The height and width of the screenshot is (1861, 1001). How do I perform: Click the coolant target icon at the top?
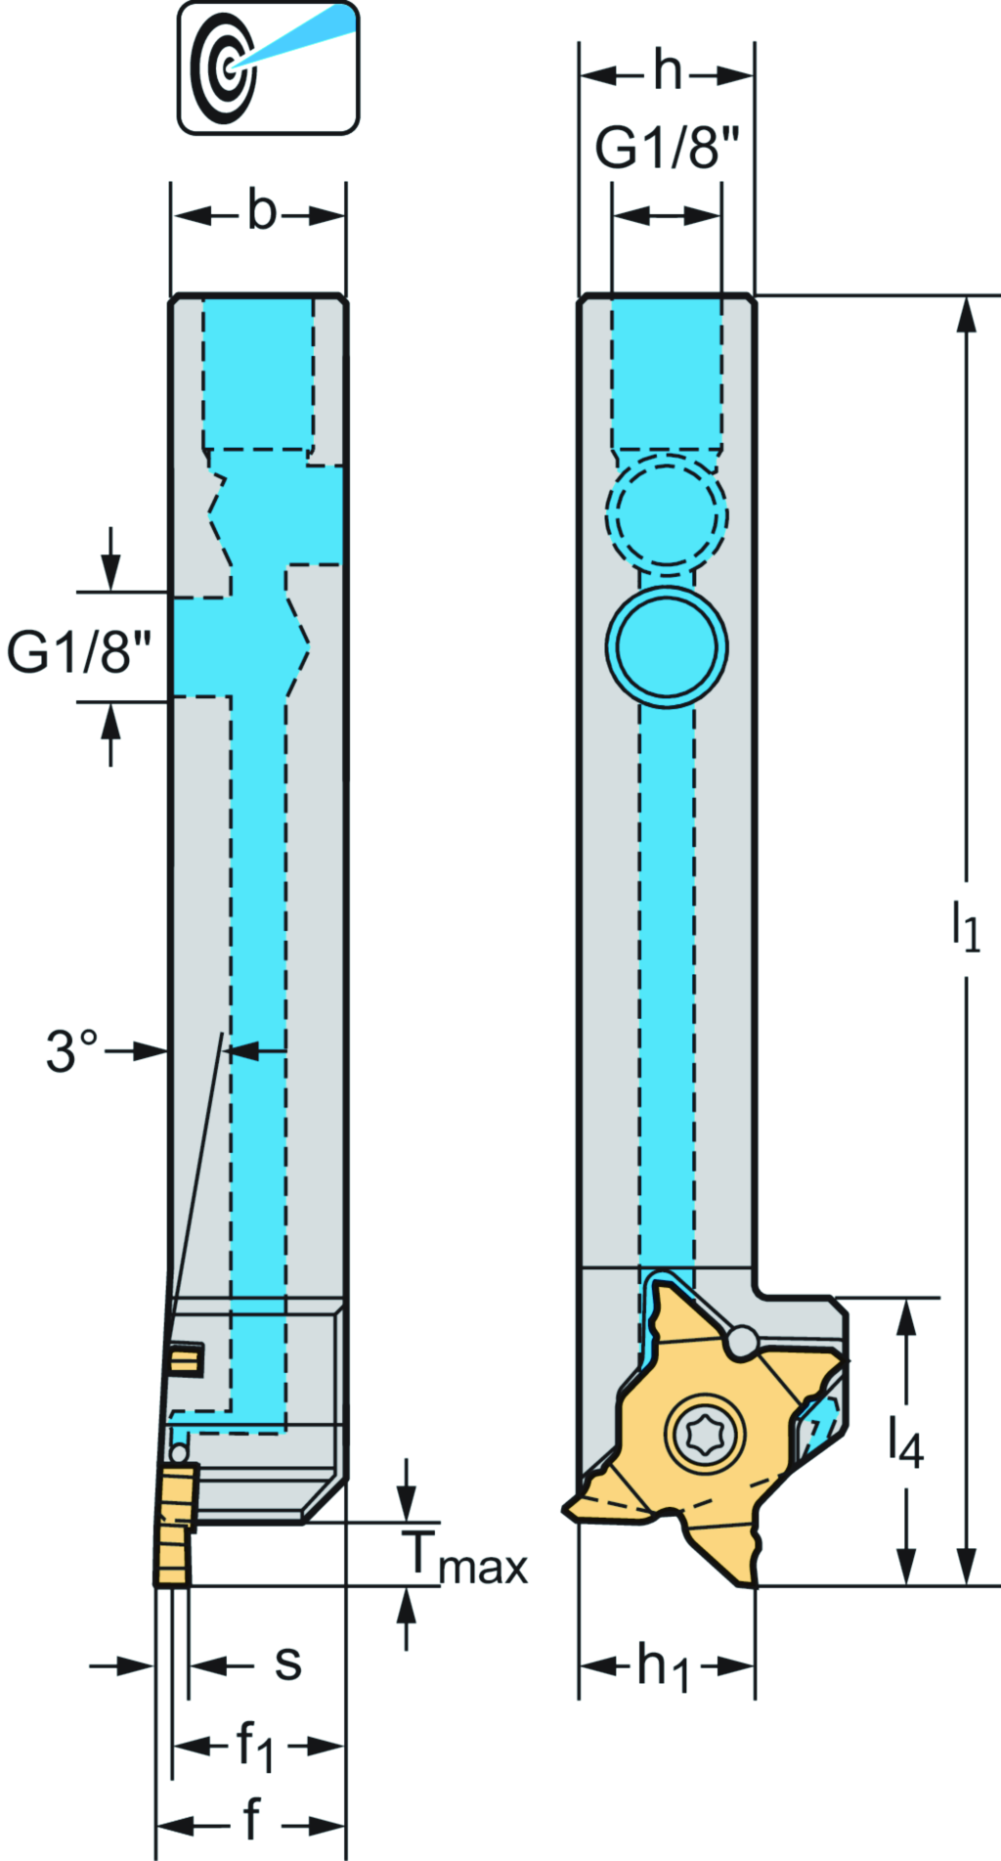[x=267, y=67]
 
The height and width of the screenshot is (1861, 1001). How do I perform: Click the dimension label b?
[x=261, y=212]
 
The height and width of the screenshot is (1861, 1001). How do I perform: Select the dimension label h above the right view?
[x=668, y=71]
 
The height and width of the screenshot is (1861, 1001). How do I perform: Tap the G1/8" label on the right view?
[x=668, y=149]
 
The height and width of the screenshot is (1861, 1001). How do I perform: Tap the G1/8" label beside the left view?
[x=79, y=652]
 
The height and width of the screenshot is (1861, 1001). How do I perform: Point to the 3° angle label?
[x=72, y=1051]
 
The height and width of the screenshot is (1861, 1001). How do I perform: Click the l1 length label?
[x=966, y=927]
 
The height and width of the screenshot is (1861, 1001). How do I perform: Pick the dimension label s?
[x=287, y=1662]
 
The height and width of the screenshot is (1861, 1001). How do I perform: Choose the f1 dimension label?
[x=255, y=1747]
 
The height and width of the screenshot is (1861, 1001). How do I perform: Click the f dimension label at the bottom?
[x=251, y=1819]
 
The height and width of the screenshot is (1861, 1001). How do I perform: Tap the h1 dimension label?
[x=664, y=1666]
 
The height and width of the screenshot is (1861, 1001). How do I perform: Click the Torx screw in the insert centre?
[x=705, y=1434]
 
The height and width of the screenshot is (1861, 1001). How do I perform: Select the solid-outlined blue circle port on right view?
[x=667, y=646]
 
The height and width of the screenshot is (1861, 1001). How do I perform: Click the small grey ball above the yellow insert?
[x=742, y=1341]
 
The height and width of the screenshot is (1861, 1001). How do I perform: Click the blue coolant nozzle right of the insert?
[x=818, y=1418]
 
